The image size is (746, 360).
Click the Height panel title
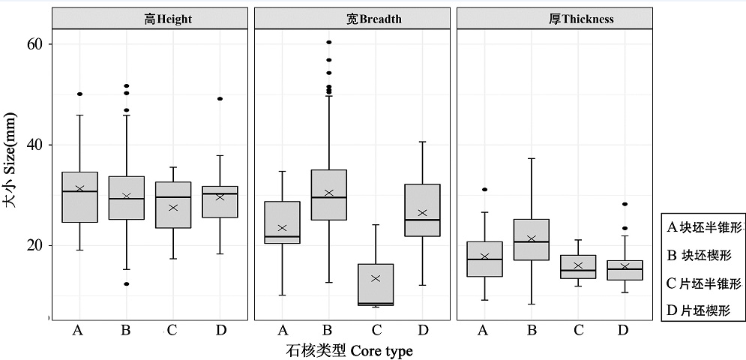click(x=168, y=19)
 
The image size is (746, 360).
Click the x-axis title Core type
click(x=349, y=350)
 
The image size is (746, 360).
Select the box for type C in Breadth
click(x=376, y=284)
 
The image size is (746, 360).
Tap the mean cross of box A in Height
click(x=79, y=189)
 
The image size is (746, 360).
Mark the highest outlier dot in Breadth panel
click(x=329, y=42)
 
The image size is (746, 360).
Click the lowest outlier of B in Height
click(x=126, y=283)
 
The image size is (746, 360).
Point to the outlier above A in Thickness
click(x=484, y=190)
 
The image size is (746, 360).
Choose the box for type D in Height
click(x=220, y=202)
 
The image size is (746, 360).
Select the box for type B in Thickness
click(x=532, y=239)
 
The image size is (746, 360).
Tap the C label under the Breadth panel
click(x=376, y=330)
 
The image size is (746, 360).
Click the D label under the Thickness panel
click(x=624, y=330)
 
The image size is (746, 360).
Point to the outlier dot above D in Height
click(x=220, y=98)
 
